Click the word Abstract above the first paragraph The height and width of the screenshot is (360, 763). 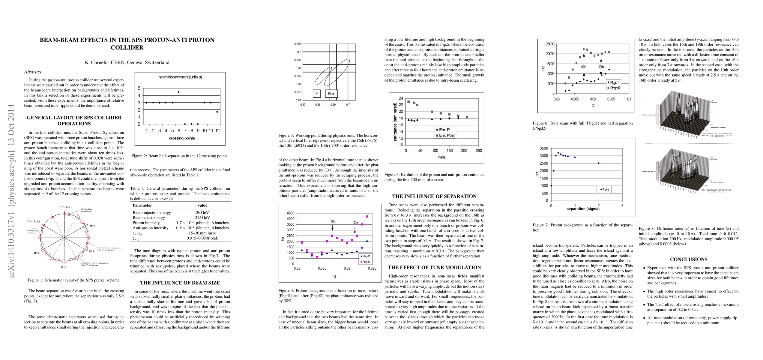33,72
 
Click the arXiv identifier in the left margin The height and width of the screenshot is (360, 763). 11,191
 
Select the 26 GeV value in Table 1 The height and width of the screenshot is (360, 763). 202,212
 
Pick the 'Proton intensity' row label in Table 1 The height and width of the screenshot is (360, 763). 146,223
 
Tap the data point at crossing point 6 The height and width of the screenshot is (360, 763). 179,92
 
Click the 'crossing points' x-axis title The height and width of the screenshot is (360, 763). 182,138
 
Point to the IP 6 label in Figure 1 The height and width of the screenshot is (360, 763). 92,226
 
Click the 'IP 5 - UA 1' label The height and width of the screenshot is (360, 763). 65,207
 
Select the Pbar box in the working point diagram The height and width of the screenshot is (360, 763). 331,94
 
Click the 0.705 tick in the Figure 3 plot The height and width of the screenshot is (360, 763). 298,44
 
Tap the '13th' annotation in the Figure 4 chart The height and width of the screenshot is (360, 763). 355,223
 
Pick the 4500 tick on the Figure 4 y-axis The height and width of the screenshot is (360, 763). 291,213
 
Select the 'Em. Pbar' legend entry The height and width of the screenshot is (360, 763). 445,135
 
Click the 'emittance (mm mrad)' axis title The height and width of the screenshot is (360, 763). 395,122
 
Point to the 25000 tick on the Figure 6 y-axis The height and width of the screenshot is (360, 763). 550,44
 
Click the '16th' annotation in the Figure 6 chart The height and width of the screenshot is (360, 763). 583,67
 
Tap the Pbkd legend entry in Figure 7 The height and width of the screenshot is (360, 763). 604,190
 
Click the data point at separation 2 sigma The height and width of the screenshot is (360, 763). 599,163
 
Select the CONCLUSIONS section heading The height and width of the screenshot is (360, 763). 689,259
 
